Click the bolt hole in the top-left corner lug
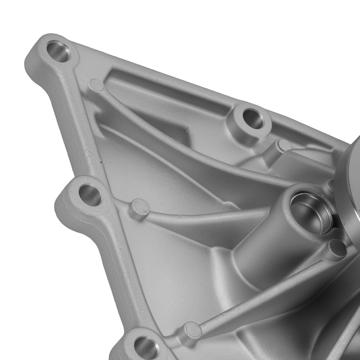[x=58, y=51]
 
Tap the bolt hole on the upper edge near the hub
[x=253, y=118]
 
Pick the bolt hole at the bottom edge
[x=146, y=347]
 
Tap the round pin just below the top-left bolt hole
[x=96, y=85]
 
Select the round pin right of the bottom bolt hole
[x=192, y=330]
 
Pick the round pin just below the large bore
[x=337, y=248]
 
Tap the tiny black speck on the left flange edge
[x=102, y=163]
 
